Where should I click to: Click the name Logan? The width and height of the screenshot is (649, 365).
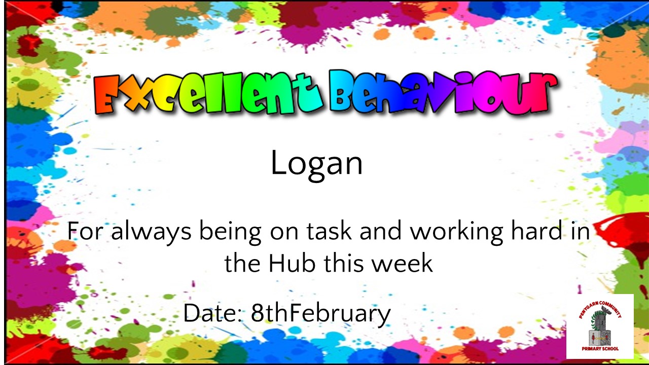[x=316, y=164]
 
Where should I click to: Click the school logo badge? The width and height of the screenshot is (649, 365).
[x=600, y=326]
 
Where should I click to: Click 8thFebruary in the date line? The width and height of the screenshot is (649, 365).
[x=321, y=313]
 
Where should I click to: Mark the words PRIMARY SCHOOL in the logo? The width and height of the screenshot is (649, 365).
[x=600, y=349]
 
